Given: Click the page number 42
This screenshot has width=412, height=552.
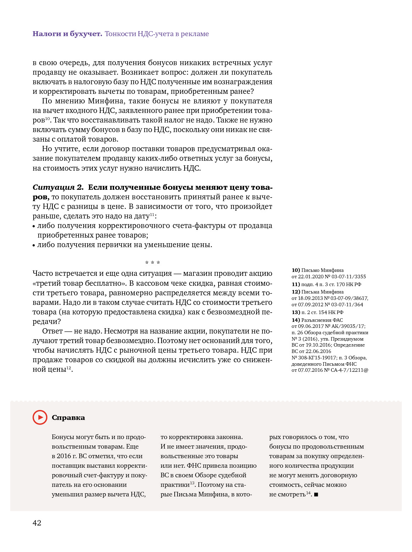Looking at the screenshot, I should click(x=37, y=523).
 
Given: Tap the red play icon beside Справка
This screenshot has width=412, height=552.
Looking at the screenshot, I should click(x=40, y=417).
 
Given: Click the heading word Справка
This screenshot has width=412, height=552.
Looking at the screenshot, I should click(x=68, y=418).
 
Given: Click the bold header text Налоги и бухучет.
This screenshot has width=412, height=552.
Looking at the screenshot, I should click(x=67, y=34).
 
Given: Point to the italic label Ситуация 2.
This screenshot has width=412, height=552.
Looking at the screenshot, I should click(x=58, y=187).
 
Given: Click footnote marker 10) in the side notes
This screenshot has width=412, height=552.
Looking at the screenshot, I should click(x=296, y=270).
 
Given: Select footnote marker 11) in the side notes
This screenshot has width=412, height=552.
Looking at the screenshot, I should click(x=296, y=284).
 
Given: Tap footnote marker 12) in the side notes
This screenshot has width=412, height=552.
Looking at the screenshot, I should click(x=296, y=292).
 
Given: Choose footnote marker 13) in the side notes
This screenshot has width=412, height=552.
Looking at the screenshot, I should click(x=296, y=312).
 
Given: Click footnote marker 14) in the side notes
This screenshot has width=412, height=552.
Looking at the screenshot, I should click(x=296, y=320).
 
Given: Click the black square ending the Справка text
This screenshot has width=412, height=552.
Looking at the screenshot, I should click(x=316, y=495).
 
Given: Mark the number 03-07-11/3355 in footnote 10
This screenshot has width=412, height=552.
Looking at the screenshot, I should click(x=348, y=277).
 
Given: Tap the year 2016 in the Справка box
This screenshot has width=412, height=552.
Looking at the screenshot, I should click(x=64, y=456).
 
